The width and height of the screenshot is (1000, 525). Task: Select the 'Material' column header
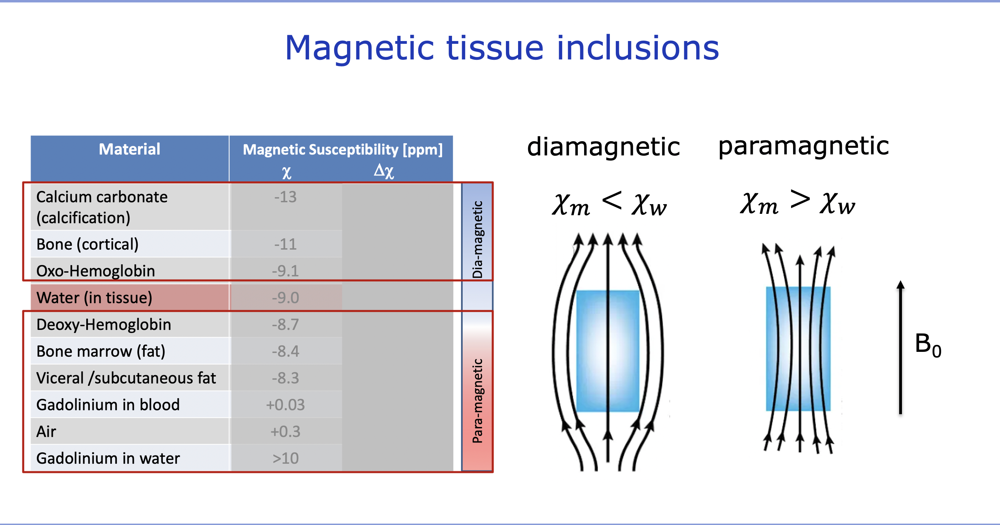click(129, 149)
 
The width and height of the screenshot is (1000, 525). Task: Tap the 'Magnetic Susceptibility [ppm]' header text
click(342, 150)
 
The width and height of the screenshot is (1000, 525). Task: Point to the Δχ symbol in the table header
click(384, 170)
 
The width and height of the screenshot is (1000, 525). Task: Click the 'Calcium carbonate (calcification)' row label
click(102, 207)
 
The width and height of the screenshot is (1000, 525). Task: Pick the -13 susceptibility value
click(285, 197)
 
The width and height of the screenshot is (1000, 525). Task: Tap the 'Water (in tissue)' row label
click(94, 298)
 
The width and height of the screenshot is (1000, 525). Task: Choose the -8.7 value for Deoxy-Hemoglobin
click(285, 325)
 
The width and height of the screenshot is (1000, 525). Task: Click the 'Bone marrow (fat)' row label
click(101, 352)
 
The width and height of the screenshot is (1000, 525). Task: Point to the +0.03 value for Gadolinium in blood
click(285, 405)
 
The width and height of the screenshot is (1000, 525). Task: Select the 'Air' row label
click(46, 432)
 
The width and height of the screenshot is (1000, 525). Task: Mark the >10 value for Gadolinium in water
click(285, 459)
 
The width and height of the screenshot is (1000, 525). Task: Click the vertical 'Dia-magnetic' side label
click(477, 239)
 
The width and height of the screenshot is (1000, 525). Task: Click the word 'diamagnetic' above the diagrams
click(603, 147)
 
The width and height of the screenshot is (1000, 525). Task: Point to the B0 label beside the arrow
click(928, 345)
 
